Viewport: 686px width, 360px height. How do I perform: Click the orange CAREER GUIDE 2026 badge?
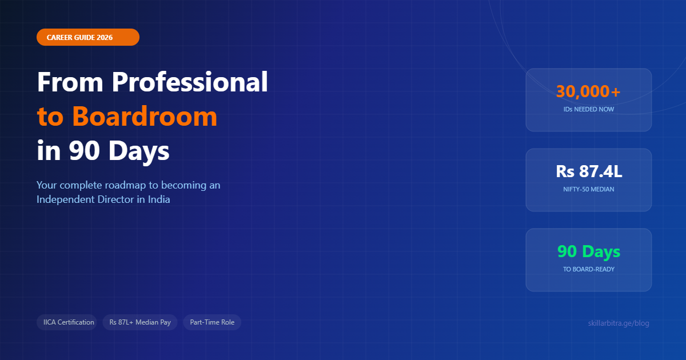[87, 37]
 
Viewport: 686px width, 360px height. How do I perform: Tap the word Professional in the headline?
[190, 82]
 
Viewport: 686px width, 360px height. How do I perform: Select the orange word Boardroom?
[145, 117]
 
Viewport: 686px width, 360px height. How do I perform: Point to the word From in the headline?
[71, 82]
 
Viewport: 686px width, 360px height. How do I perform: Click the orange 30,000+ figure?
[588, 91]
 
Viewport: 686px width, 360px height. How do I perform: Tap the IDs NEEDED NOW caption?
[588, 109]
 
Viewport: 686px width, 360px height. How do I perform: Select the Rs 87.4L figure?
[588, 171]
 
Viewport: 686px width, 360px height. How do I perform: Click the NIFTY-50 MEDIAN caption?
[588, 189]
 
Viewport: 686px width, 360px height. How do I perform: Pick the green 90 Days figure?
[588, 251]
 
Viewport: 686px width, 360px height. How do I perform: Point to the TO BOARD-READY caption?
[588, 269]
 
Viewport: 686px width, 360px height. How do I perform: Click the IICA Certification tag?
[69, 322]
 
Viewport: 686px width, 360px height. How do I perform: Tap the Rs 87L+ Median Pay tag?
[140, 322]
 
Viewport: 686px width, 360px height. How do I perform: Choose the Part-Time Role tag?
[212, 322]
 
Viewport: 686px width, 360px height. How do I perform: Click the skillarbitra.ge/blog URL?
[619, 323]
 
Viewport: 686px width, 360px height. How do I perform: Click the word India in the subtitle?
[158, 200]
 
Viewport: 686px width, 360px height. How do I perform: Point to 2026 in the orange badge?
[105, 37]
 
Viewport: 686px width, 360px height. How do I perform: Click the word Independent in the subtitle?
[63, 200]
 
